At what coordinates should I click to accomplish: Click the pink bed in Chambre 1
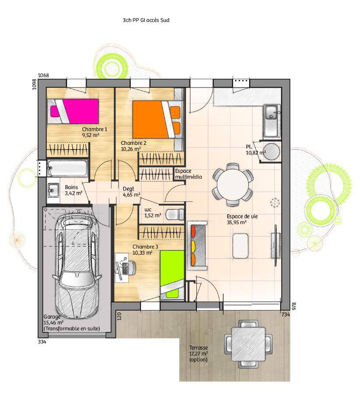pyautogui.click(x=73, y=111)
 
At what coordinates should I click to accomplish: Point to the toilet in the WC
pyautogui.click(x=175, y=214)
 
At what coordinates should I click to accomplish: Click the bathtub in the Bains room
pyautogui.click(x=67, y=168)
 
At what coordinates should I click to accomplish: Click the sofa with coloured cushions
pyautogui.click(x=197, y=245)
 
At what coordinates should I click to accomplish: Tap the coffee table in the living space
pyautogui.click(x=240, y=246)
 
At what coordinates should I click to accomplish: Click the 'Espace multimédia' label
pyautogui.click(x=188, y=174)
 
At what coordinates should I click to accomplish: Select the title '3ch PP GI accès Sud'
pyautogui.click(x=146, y=20)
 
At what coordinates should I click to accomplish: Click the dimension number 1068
pyautogui.click(x=43, y=75)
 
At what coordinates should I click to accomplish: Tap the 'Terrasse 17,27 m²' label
pyautogui.click(x=198, y=350)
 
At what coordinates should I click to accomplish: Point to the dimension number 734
pyautogui.click(x=286, y=315)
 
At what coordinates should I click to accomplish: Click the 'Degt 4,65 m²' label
pyautogui.click(x=131, y=192)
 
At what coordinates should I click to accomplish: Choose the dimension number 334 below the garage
pyautogui.click(x=42, y=342)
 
